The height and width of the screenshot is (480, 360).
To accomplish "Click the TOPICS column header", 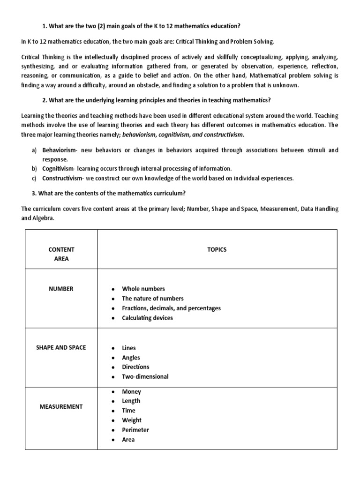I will click(x=217, y=249).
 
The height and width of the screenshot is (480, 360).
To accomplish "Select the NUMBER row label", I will click(x=61, y=289).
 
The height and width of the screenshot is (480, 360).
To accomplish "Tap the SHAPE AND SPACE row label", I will click(x=61, y=347).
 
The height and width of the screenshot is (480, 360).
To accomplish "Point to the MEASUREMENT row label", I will click(x=61, y=406).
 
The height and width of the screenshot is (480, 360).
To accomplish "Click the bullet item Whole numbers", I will click(x=143, y=289).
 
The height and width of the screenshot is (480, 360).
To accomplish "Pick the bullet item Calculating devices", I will click(x=147, y=318).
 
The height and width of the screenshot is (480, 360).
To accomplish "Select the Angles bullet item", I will click(x=131, y=358).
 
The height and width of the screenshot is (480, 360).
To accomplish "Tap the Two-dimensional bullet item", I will click(x=145, y=376).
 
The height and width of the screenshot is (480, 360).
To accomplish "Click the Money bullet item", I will click(x=131, y=391).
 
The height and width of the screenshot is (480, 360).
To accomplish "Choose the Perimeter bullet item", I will click(x=135, y=430).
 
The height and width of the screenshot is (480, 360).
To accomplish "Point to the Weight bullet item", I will click(x=132, y=420).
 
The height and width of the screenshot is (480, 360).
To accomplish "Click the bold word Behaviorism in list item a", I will click(x=60, y=150).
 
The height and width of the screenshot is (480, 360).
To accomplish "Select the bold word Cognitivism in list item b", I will click(x=59, y=168).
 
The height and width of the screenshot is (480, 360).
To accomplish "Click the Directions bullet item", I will click(x=135, y=367).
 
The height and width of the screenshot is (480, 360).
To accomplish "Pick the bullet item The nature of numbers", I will click(x=153, y=298).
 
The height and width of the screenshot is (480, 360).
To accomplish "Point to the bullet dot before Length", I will click(x=113, y=401).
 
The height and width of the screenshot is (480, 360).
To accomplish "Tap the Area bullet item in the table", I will click(x=128, y=440).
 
